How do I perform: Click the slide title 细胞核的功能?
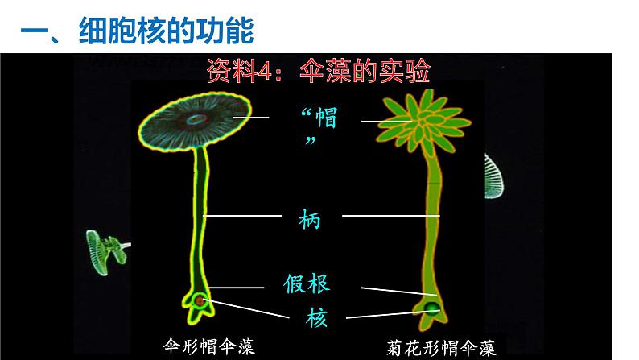[x=136, y=32]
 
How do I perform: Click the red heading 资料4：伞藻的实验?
[x=321, y=72]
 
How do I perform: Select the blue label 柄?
[x=309, y=217]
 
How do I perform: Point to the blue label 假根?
[x=307, y=283]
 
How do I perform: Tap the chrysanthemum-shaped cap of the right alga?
[x=418, y=121]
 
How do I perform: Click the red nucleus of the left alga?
[x=198, y=301]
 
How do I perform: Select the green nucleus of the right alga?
[x=432, y=307]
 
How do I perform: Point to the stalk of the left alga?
[x=199, y=217]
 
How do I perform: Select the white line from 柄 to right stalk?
[x=391, y=216]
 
